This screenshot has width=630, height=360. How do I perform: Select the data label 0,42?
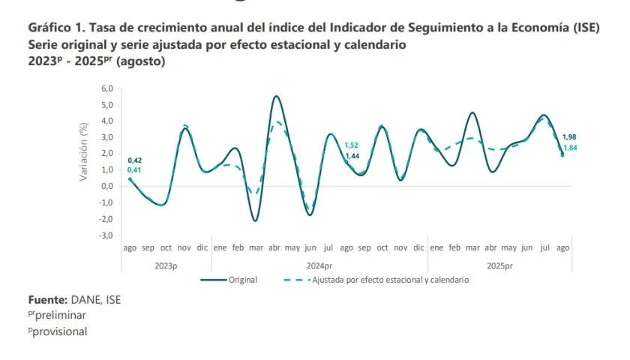135,160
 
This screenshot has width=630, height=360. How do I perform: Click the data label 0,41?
135,170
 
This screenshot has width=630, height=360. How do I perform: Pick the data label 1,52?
352,145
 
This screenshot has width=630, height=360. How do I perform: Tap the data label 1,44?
352,155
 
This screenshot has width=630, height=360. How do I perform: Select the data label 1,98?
570,136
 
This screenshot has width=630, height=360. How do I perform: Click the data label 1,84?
570,148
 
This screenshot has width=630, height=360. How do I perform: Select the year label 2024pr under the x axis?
319,265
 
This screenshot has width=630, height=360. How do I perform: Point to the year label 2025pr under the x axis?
499,265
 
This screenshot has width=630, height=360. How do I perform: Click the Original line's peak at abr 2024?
277,96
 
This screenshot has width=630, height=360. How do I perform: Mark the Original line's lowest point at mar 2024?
256,220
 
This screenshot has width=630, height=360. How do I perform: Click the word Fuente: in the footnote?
48,300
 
